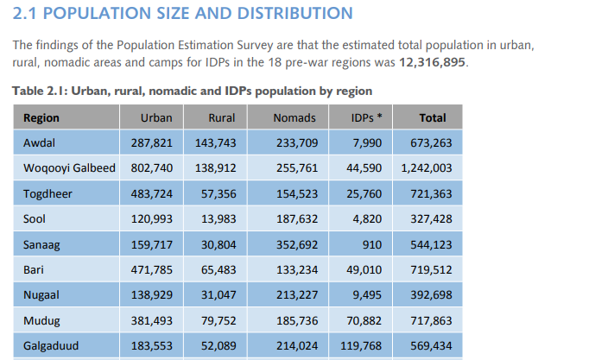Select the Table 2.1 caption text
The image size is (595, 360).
click(x=192, y=91)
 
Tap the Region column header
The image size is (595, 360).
click(x=41, y=118)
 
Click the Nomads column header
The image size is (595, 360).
click(x=294, y=118)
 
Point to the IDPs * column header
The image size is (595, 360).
click(x=367, y=118)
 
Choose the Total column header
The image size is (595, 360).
click(x=433, y=118)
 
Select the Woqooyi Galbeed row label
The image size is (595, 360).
click(x=69, y=168)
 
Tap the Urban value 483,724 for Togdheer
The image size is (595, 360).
click(x=152, y=194)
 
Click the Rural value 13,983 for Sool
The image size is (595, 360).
click(x=218, y=219)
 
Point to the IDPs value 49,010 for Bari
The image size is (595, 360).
click(x=364, y=270)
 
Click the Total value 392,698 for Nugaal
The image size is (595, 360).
click(x=432, y=295)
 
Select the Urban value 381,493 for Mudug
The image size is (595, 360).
click(x=152, y=321)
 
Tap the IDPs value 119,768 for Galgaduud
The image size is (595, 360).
click(x=361, y=346)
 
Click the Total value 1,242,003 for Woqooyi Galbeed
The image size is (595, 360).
click(x=427, y=168)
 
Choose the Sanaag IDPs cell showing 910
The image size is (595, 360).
click(x=373, y=244)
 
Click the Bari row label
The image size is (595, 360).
click(x=33, y=270)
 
